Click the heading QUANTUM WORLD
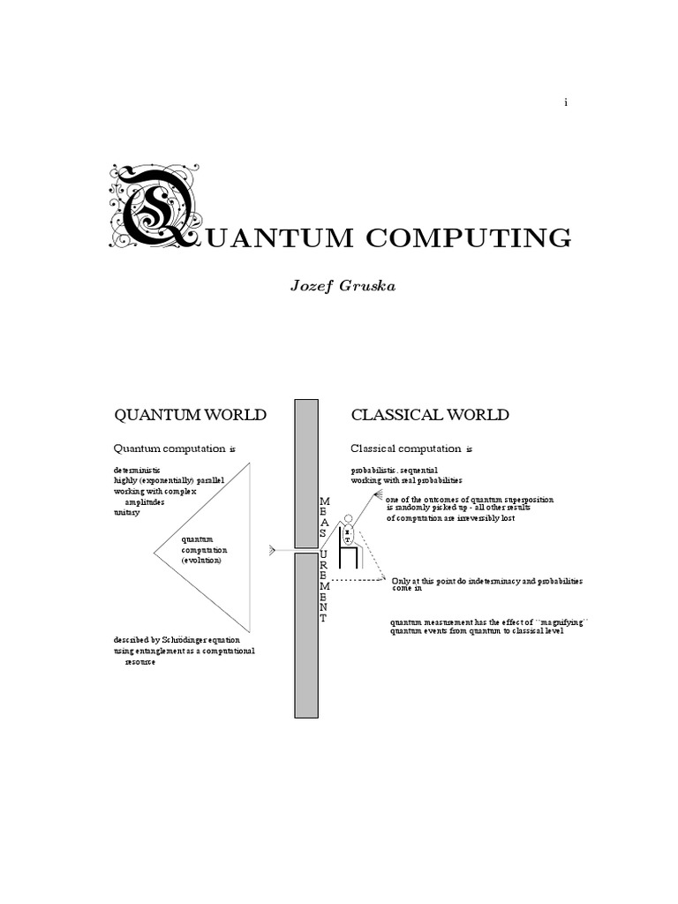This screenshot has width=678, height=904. (191, 415)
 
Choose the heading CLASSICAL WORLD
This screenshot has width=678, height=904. (430, 415)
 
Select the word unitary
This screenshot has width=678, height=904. (126, 512)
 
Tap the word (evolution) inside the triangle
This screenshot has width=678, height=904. (202, 561)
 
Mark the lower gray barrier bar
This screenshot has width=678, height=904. (306, 635)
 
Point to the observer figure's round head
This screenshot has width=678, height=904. (348, 520)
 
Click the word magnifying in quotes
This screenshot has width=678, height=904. (560, 622)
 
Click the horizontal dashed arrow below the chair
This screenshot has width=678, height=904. (353, 579)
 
